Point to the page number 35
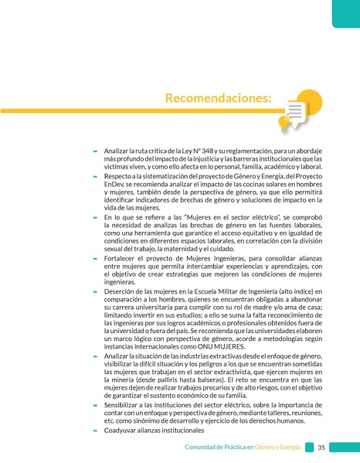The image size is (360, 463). (x=321, y=447)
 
